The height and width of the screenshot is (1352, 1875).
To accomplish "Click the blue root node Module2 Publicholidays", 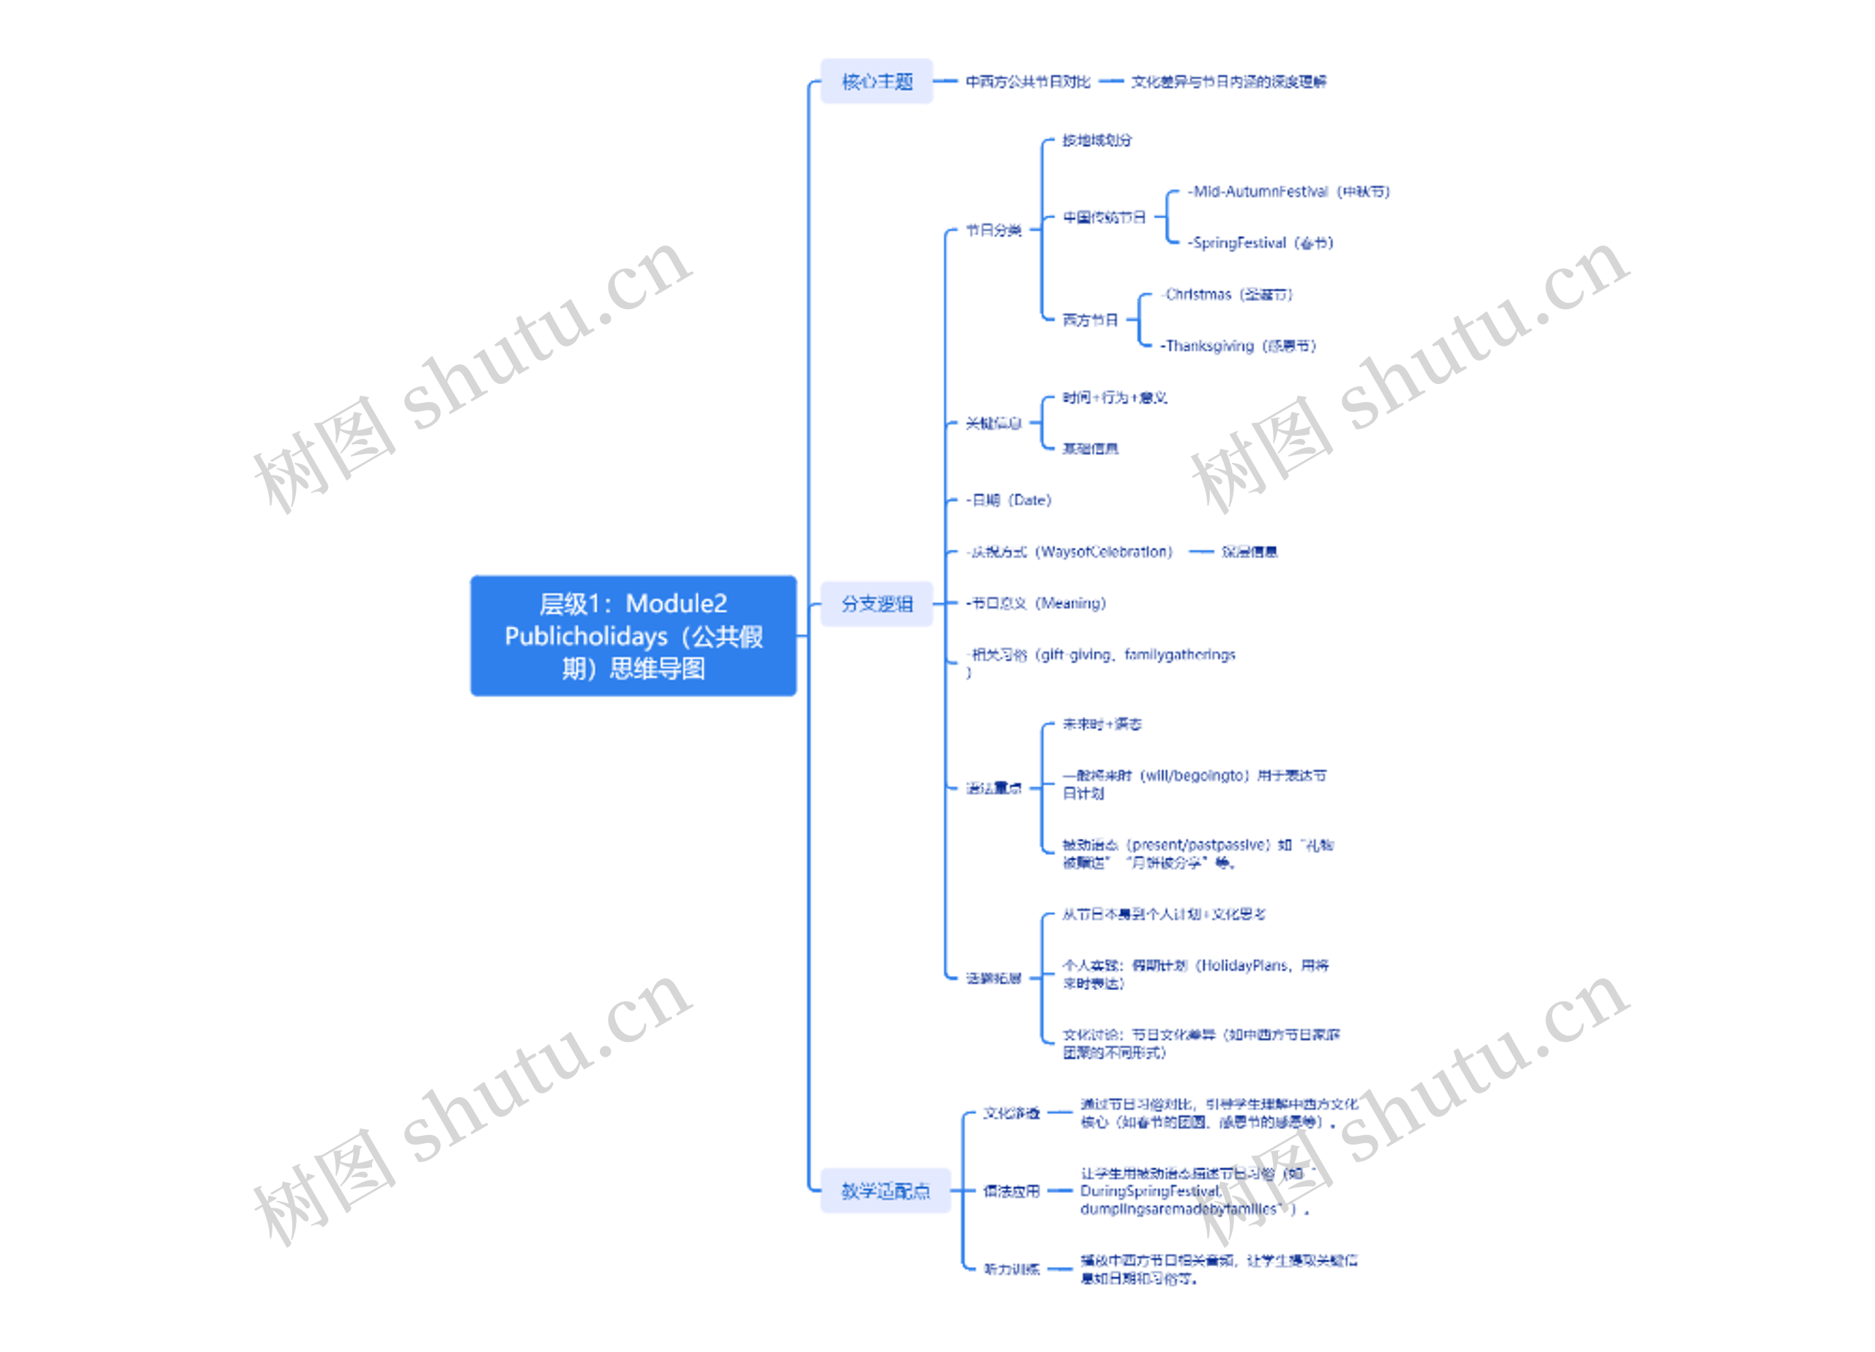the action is (x=634, y=636).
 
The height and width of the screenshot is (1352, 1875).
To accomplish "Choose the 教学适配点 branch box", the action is (x=885, y=1191).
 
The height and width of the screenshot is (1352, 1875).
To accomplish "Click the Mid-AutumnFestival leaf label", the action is (x=1288, y=192).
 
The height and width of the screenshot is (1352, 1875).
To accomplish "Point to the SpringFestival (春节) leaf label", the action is (x=1260, y=243).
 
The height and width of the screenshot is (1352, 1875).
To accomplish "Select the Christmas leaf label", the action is (x=1227, y=295).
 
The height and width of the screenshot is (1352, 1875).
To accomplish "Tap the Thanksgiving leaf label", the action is (x=1238, y=346).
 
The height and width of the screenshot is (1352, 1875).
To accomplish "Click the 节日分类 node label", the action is (x=994, y=230).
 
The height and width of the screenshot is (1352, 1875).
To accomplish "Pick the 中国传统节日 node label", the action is (x=1104, y=218).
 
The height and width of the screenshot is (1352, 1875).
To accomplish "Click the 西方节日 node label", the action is (x=1090, y=320).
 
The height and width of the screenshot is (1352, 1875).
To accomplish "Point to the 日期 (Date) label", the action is (x=1009, y=500).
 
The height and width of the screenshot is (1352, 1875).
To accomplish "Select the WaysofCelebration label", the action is (x=1071, y=552).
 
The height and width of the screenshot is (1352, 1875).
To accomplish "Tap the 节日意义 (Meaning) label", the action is (x=1036, y=604).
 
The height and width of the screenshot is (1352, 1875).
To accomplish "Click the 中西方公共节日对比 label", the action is (x=1028, y=81).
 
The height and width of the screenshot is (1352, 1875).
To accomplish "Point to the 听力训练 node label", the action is (x=1011, y=1269).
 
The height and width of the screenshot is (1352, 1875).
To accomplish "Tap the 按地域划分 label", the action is (x=1096, y=141).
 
